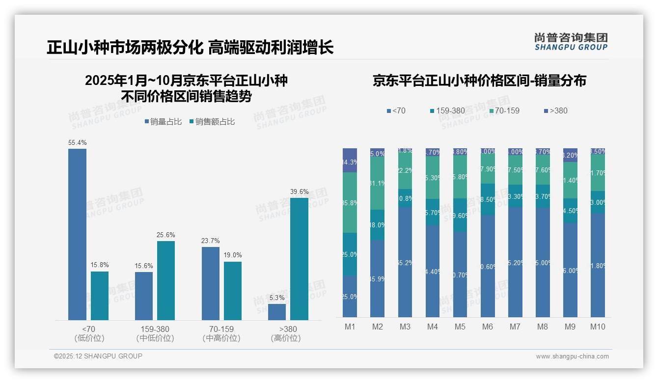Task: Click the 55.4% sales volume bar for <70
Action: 77,234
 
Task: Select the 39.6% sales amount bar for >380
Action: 299,259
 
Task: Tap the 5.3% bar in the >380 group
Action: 277,312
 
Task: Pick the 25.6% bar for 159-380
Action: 165,280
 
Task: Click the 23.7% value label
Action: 211,241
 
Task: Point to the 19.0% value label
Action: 233,255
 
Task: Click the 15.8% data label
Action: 100,265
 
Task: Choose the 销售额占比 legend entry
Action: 212,122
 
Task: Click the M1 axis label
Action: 350,327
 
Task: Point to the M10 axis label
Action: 598,327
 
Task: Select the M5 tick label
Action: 460,327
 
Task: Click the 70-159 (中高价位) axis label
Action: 221,333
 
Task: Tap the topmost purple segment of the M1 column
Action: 350,160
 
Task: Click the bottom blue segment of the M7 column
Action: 515,262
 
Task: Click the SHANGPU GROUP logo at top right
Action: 571,41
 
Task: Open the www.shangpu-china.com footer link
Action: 572,356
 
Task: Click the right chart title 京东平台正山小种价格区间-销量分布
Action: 479,81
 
